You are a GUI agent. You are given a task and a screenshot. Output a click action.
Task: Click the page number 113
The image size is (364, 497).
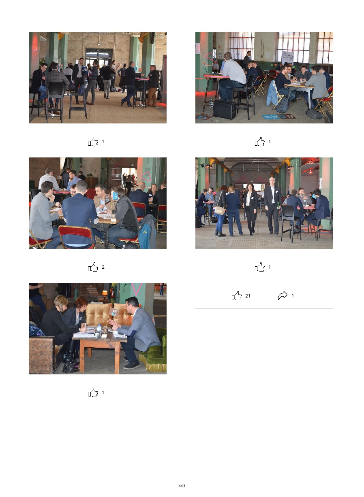182,486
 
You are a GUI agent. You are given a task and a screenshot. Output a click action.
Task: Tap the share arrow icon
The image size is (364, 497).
283,295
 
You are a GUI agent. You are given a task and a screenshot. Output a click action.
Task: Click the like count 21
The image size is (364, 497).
248,296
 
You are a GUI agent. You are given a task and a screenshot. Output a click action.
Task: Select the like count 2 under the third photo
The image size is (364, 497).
103,267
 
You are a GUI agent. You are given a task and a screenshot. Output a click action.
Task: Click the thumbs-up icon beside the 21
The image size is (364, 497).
237,295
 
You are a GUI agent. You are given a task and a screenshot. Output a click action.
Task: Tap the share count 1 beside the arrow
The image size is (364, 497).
293,296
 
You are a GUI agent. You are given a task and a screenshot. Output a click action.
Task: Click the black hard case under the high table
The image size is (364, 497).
225,110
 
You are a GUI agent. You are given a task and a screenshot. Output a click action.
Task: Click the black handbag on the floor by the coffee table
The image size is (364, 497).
71,365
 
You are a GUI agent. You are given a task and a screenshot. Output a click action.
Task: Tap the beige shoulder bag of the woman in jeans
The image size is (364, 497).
220,211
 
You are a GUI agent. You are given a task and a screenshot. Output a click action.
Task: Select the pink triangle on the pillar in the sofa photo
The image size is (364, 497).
137,289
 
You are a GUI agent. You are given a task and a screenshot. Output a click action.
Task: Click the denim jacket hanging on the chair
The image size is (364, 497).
272,93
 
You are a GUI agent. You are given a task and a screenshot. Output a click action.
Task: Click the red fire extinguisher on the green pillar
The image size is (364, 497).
113,292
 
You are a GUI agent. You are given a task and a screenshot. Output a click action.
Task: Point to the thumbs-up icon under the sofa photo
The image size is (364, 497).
93,392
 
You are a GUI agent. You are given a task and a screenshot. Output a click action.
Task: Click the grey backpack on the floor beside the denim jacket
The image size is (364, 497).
282,104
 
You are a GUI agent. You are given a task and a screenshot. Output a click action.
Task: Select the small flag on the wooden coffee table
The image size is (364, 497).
114,312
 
